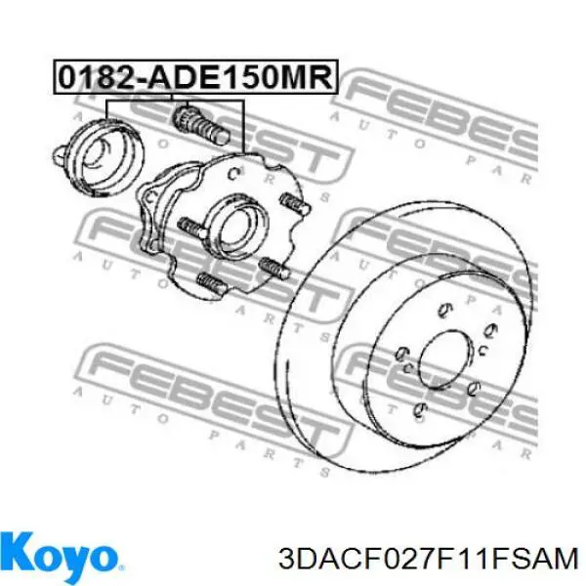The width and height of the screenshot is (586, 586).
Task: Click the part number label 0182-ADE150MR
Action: tap(193, 76)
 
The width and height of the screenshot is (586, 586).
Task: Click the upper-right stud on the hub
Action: tap(293, 204)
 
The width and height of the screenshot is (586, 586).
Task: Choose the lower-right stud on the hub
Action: tap(272, 267)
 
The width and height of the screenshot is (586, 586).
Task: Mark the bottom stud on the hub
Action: tap(216, 286)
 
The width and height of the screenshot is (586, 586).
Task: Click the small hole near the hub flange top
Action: tap(233, 174)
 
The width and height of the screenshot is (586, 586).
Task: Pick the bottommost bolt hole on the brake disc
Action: tap(419, 407)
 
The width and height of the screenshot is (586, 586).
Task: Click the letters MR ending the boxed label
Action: tap(310, 76)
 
